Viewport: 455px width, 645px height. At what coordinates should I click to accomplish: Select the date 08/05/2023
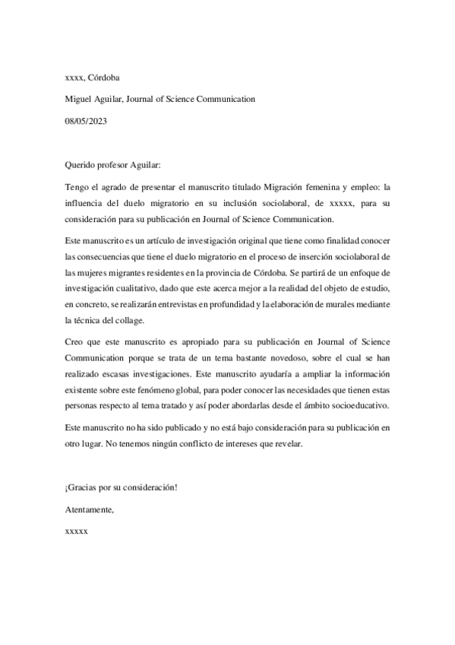(87, 120)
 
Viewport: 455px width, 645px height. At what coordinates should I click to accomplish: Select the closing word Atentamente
(90, 509)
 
